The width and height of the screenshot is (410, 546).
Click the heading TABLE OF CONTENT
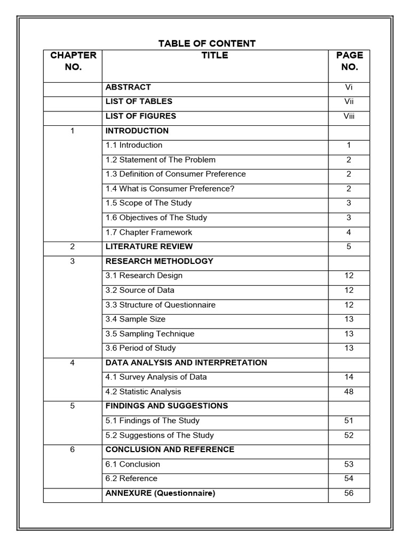click(x=207, y=43)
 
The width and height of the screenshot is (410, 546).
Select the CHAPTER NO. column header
click(x=73, y=61)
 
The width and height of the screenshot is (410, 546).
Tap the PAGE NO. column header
click(x=349, y=61)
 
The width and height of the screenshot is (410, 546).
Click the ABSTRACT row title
click(x=128, y=87)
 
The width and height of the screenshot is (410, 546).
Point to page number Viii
click(x=349, y=116)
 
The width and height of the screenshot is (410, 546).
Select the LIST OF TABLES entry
click(x=139, y=101)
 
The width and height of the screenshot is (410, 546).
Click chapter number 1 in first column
click(x=73, y=131)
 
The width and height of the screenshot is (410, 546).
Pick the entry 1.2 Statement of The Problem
click(x=160, y=159)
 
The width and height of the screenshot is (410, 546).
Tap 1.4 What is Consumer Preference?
click(x=170, y=188)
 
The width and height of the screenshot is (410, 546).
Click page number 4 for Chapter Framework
click(x=349, y=232)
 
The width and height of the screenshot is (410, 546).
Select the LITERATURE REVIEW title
click(x=149, y=246)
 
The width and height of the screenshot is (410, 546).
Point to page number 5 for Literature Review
click(x=349, y=246)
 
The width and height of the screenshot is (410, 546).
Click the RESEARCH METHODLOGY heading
click(x=159, y=261)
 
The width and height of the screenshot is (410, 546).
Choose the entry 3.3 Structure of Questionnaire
click(x=160, y=304)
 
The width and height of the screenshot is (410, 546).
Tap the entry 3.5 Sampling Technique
click(x=149, y=334)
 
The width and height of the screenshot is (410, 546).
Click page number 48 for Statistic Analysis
click(x=349, y=391)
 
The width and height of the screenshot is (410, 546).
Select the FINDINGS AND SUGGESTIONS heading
click(x=167, y=406)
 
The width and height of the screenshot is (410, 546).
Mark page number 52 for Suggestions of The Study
click(x=349, y=435)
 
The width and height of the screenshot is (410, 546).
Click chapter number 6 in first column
click(x=73, y=449)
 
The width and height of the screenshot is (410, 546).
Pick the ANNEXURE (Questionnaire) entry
click(x=160, y=493)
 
